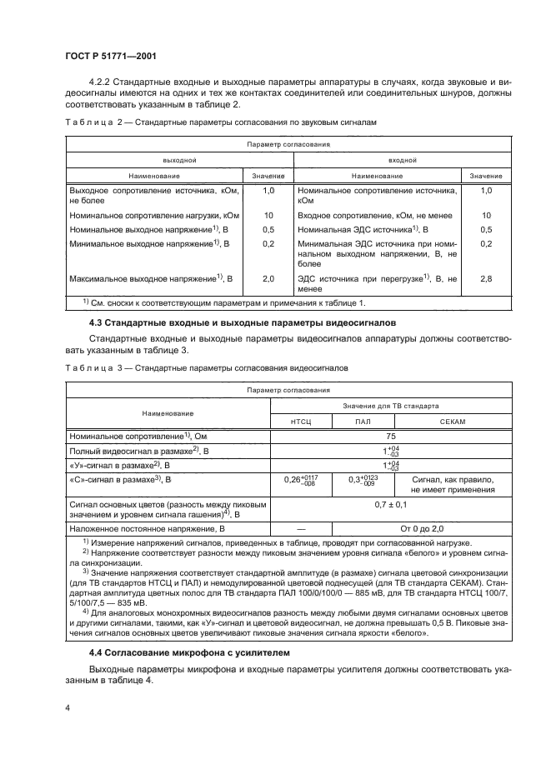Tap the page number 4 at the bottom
(68, 707)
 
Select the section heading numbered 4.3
(225, 322)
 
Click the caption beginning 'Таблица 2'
(222, 122)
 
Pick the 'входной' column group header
(403, 158)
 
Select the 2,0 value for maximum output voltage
(268, 277)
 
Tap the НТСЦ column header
(300, 422)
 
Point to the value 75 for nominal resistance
(390, 436)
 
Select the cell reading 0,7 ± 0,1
(390, 505)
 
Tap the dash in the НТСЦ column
(300, 528)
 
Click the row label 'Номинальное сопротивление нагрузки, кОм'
(143, 214)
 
